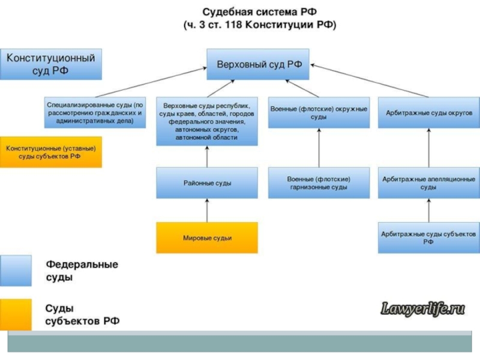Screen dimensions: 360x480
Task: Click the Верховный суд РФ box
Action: pos(259,64)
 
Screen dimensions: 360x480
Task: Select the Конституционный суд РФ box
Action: pos(50,64)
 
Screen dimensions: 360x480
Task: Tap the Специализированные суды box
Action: pos(95,112)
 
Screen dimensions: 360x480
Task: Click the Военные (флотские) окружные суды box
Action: pos(319,112)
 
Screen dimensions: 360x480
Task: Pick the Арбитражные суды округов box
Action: pos(429,112)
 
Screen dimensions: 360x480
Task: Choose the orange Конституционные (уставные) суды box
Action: pos(50,152)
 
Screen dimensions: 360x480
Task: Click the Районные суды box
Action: pos(207,182)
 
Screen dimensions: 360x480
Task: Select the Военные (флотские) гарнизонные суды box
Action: pos(319,182)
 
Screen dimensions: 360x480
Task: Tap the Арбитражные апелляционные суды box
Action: pos(429,182)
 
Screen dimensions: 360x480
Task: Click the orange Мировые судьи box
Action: pos(207,238)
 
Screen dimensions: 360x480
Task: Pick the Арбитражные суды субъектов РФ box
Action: pos(429,238)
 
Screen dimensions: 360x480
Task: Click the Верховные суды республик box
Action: pos(207,121)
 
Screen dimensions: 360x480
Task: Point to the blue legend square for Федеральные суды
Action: pos(16,271)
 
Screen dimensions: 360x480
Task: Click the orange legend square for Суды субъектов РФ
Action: pos(16,315)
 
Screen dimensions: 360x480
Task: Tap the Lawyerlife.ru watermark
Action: pos(424,310)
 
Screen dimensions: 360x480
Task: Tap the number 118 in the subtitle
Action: pos(232,26)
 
